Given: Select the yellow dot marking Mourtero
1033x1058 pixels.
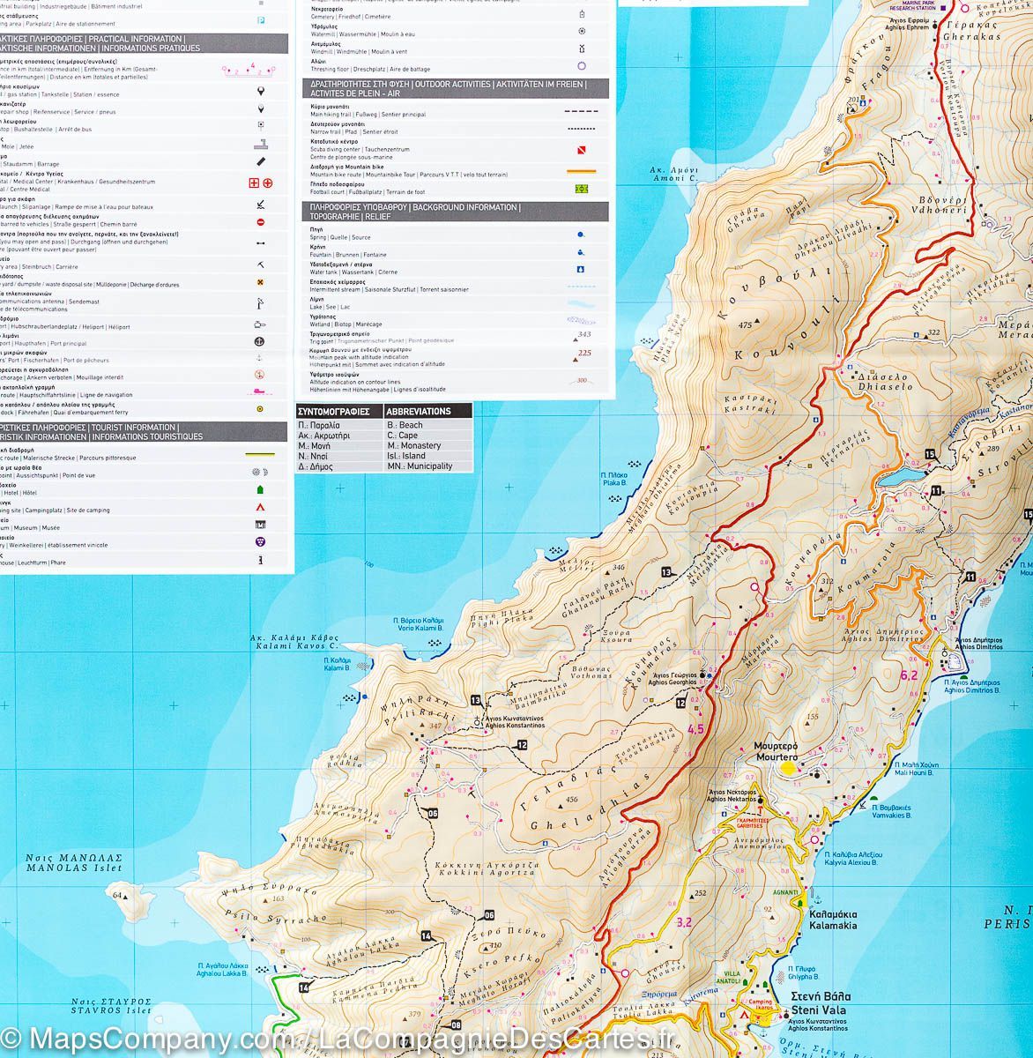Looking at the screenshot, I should tap(787, 768).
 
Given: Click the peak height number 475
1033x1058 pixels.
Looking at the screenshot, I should tap(746, 325).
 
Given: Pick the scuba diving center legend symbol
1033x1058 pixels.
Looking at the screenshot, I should tap(581, 150).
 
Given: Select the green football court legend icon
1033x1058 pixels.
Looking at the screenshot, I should tap(581, 188).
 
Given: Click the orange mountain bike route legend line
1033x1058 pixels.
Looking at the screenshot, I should tap(581, 171).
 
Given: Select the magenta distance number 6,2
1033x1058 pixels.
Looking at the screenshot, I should tap(909, 676).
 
